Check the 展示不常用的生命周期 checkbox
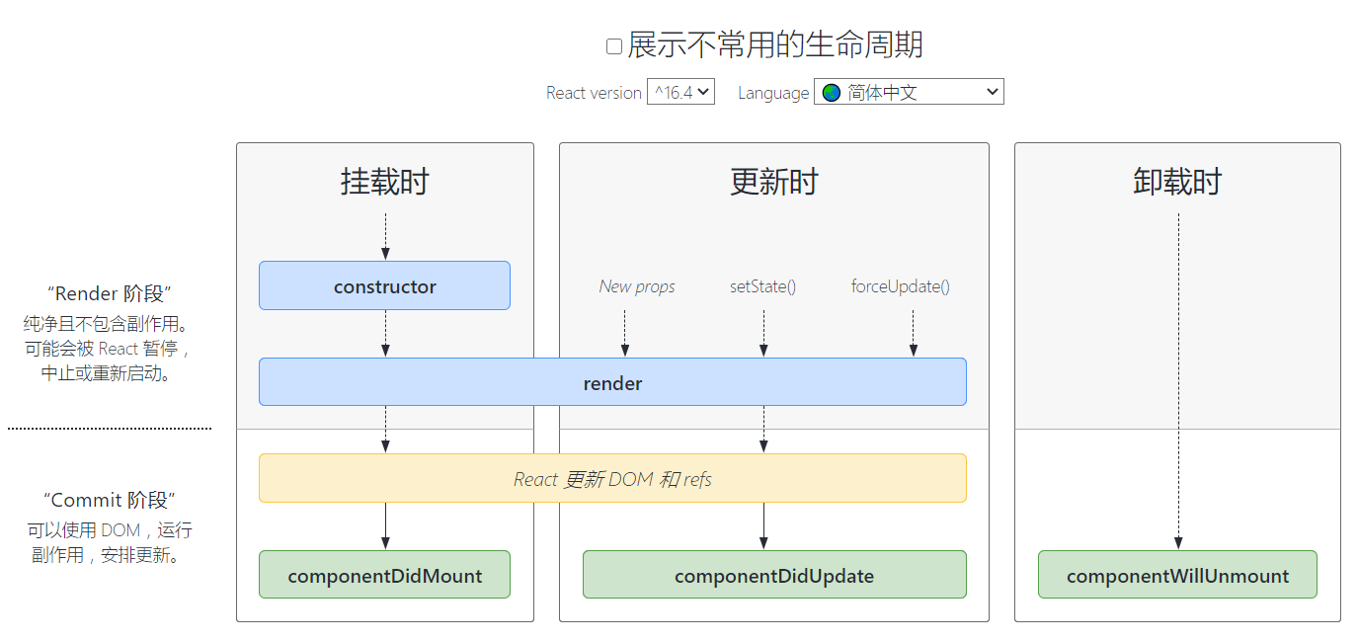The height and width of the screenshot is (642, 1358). coord(614,46)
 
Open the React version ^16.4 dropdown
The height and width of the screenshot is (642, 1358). coord(680,92)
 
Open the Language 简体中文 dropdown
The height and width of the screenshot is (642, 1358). coord(909,92)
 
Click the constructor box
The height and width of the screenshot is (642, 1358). coord(384,286)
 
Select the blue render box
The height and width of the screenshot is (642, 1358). coord(612,383)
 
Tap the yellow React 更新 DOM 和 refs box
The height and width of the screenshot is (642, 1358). coord(612,479)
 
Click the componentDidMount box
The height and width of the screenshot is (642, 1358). coord(384,576)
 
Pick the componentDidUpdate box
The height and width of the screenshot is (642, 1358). coord(774,576)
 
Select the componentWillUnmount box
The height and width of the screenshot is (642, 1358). coord(1177,576)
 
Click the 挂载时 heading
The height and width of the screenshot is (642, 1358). coord(384,182)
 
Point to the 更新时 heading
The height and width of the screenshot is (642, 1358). coord(774,182)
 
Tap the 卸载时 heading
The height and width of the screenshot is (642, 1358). coord(1177,182)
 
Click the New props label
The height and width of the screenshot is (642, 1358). coord(637,286)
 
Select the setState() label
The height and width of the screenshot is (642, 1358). coord(762,286)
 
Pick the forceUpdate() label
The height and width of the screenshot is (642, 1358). coord(900,286)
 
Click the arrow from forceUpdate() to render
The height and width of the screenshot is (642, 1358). coord(913,333)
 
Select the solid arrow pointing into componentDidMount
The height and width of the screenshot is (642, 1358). coord(385,525)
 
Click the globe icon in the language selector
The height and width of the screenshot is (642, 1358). coord(832,92)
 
